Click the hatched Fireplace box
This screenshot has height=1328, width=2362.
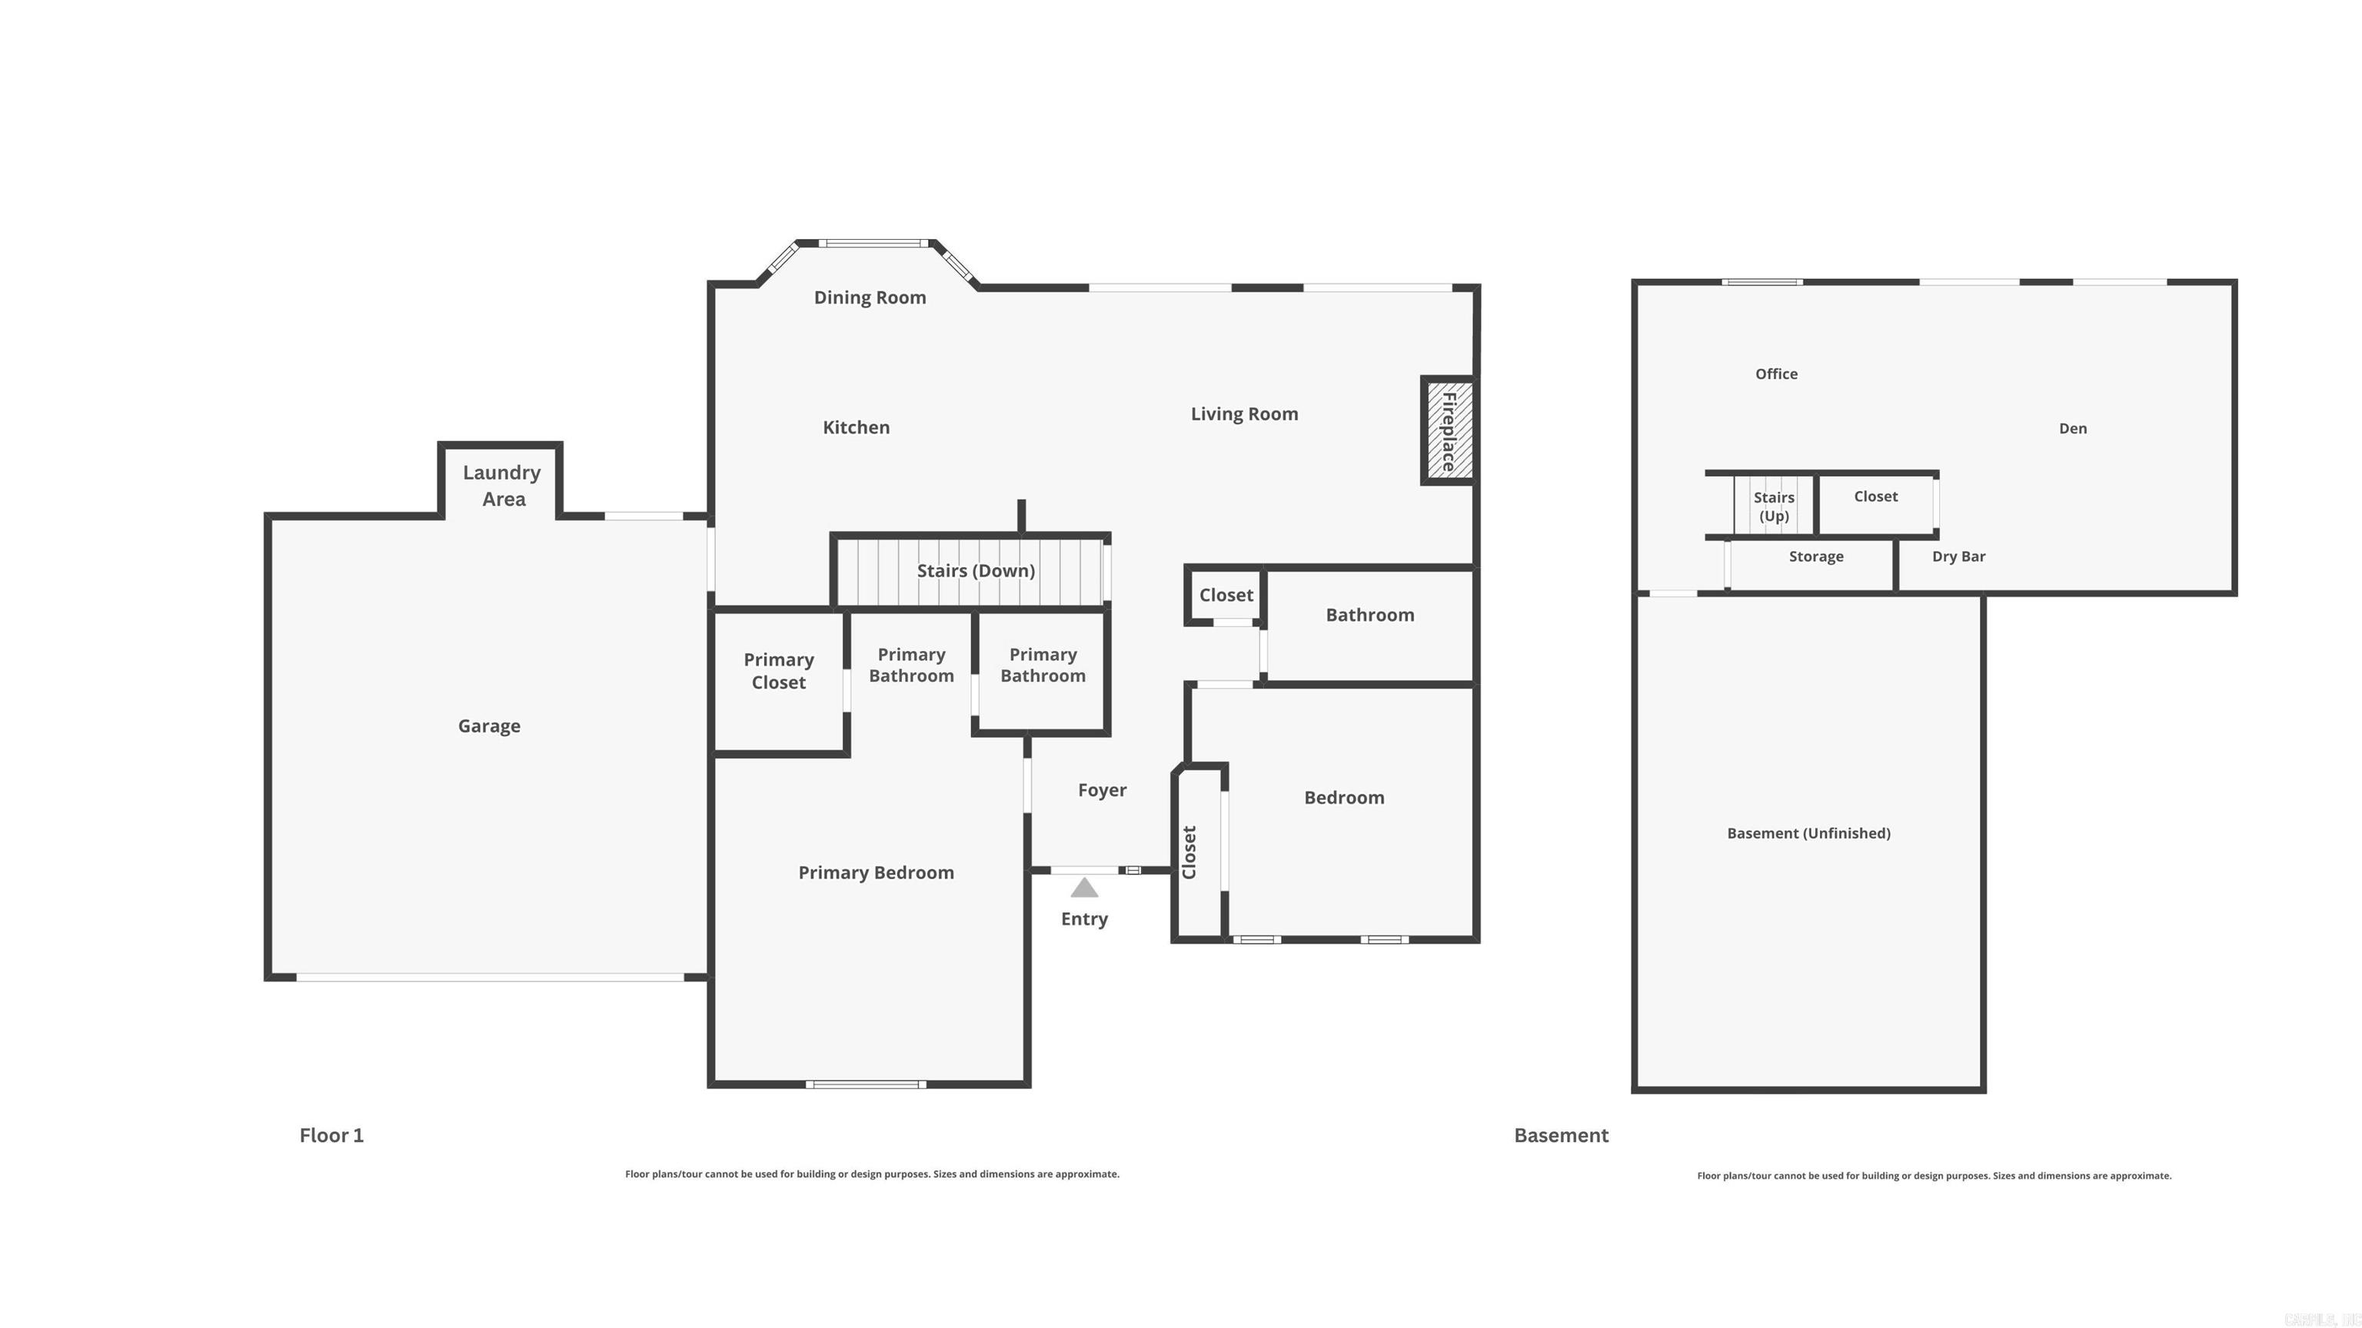[x=1449, y=430]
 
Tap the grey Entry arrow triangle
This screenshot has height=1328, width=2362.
[x=1084, y=887]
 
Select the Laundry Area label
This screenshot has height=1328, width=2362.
[x=503, y=486]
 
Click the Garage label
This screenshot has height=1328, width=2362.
[x=489, y=725]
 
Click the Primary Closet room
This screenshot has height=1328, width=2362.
[x=778, y=672]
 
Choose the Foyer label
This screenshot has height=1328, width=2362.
[x=1101, y=790]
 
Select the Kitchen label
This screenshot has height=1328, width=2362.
[x=856, y=427]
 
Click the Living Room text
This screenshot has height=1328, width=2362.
[x=1243, y=414]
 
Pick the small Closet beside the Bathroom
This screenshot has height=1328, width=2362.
[x=1225, y=596]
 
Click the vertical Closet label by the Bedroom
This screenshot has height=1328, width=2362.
[x=1189, y=852]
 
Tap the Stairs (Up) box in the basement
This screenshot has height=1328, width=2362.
[x=1773, y=506]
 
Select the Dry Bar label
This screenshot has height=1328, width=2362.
[x=1958, y=556]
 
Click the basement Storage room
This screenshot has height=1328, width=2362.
[x=1815, y=557]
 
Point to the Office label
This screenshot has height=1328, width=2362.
[x=1775, y=374]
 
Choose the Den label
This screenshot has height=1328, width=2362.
[x=2072, y=429]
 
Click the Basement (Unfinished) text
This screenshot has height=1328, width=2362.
[x=1808, y=833]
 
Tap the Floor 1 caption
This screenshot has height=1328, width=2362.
[x=331, y=1136]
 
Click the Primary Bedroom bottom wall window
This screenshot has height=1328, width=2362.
[x=866, y=1084]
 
